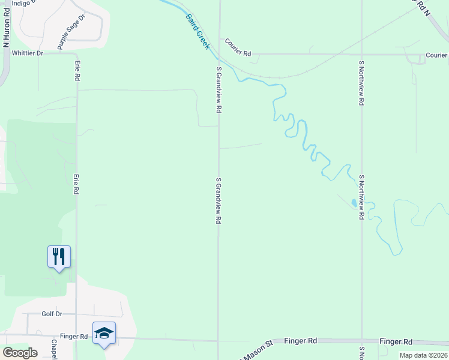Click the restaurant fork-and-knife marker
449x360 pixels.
pyautogui.click(x=59, y=257)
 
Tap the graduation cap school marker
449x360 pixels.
pyautogui.click(x=104, y=333)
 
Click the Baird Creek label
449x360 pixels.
pyautogui.click(x=197, y=31)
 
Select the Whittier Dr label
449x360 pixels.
pyautogui.click(x=28, y=53)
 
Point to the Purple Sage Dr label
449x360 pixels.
pyautogui.click(x=71, y=32)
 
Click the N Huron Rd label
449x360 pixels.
pyautogui.click(x=7, y=29)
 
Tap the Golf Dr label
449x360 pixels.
pyautogui.click(x=52, y=314)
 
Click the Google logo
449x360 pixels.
pyautogui.click(x=20, y=352)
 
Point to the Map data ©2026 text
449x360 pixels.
pyautogui.click(x=423, y=355)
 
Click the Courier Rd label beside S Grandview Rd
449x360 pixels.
pyautogui.click(x=238, y=47)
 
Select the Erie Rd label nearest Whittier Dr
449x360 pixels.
pyautogui.click(x=77, y=71)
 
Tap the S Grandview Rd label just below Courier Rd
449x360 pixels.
pyautogui.click(x=219, y=90)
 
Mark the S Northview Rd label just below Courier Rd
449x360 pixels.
pyautogui.click(x=361, y=83)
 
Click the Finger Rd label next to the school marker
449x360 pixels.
pyautogui.click(x=74, y=337)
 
